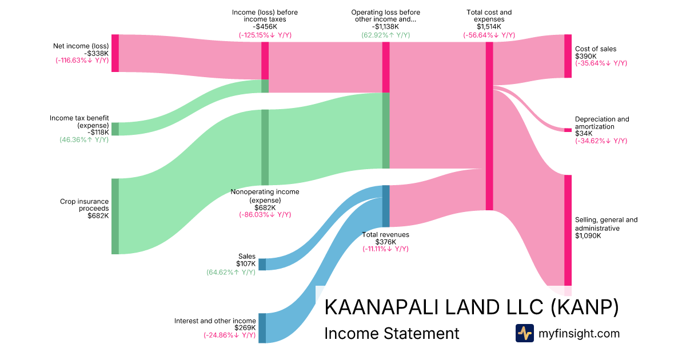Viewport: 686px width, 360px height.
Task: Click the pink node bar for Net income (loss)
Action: tap(115, 53)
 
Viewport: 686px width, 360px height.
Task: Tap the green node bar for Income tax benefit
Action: tap(115, 129)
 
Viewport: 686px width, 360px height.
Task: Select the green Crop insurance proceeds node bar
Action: tap(115, 216)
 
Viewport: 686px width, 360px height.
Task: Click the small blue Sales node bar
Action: tap(262, 264)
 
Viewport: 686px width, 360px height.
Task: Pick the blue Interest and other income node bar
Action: tap(262, 327)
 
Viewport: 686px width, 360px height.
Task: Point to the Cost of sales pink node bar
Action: tap(568, 56)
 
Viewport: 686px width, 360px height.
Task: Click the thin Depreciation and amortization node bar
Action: tap(568, 130)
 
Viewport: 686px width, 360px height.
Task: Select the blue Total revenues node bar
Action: tap(386, 206)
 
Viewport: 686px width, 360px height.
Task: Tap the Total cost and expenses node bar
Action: tap(489, 126)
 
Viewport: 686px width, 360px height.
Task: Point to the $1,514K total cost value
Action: tap(489, 27)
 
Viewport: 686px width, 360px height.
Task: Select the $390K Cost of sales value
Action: tap(586, 56)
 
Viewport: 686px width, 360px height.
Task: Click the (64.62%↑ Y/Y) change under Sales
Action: tap(231, 272)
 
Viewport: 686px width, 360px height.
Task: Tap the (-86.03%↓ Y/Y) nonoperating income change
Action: tap(265, 215)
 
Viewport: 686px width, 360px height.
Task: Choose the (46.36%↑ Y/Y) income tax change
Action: tap(84, 139)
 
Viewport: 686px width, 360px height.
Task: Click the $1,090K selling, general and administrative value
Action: tap(588, 236)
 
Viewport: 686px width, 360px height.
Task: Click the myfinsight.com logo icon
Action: tap(524, 333)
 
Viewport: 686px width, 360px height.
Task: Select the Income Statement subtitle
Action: tap(392, 333)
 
